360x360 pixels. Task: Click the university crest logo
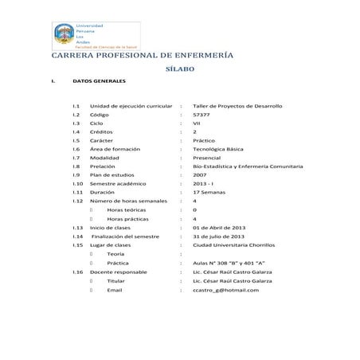[63, 34]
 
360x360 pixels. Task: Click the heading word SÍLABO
[179, 70]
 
